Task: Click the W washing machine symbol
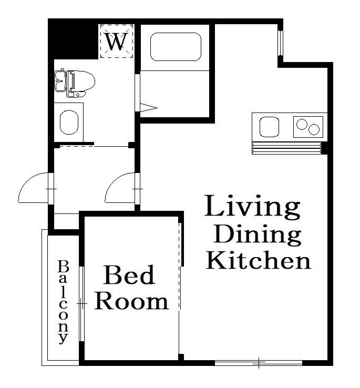tap(117, 42)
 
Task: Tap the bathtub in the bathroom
tap(176, 47)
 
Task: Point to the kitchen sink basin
tap(269, 127)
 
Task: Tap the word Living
tap(252, 207)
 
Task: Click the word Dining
tap(258, 234)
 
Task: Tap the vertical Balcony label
tap(63, 302)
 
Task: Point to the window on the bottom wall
tap(259, 362)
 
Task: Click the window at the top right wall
tap(281, 42)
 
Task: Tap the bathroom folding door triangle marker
tap(148, 108)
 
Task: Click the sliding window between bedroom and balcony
tap(82, 303)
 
